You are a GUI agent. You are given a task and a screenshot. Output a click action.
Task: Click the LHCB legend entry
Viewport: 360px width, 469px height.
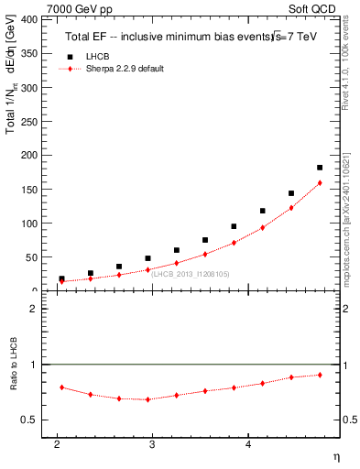coord(97,57)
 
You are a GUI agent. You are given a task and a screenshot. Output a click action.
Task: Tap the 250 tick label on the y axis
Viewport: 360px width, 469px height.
coord(27,121)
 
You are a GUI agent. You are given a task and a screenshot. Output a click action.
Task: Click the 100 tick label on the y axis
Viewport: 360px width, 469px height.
coord(27,224)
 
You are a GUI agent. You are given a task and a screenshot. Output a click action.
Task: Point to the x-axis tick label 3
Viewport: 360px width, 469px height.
coord(152,444)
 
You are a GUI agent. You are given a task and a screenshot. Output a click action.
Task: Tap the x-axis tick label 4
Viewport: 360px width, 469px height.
coord(248,444)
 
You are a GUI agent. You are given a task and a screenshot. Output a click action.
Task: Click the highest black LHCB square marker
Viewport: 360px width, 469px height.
coord(320,168)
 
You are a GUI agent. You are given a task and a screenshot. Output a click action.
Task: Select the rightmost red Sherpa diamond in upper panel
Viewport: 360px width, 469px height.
coord(320,183)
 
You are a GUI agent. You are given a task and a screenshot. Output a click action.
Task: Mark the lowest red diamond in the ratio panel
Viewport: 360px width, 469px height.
coord(147,399)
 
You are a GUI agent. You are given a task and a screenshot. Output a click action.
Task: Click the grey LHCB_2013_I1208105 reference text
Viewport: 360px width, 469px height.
coord(191,274)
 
